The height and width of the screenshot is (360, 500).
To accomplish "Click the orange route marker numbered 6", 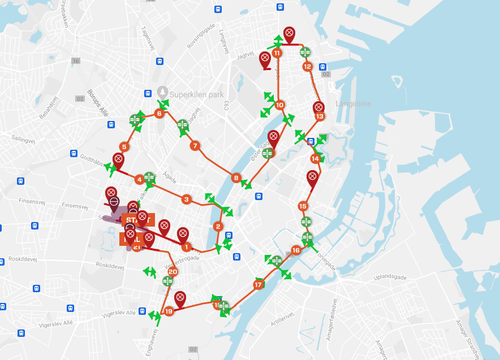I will tap(159, 114).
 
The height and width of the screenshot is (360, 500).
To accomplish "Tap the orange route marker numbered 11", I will tap(277, 53).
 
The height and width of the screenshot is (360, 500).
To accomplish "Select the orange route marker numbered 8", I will tap(236, 178).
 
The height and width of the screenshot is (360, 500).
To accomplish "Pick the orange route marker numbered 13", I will tap(320, 116).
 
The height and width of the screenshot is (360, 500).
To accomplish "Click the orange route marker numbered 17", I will tap(258, 285).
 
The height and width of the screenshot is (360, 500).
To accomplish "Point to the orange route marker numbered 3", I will tap(186, 199).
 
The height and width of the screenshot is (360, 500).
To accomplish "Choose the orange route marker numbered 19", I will tap(169, 311).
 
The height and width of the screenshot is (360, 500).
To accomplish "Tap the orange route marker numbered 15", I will tap(303, 206).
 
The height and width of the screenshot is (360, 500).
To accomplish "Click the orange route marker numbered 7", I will tap(195, 146).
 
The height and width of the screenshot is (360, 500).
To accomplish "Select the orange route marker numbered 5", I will tap(124, 147).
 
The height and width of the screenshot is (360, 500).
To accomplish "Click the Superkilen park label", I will tap(196, 94).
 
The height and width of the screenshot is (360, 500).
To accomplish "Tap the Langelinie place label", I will tap(354, 103).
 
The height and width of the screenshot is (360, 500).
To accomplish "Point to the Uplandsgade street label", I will tap(391, 277).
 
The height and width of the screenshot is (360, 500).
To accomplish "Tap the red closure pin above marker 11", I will tap(289, 34).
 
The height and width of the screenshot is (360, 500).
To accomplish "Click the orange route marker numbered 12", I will tap(307, 67).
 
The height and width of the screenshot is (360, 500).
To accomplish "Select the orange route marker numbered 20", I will tap(173, 272).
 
